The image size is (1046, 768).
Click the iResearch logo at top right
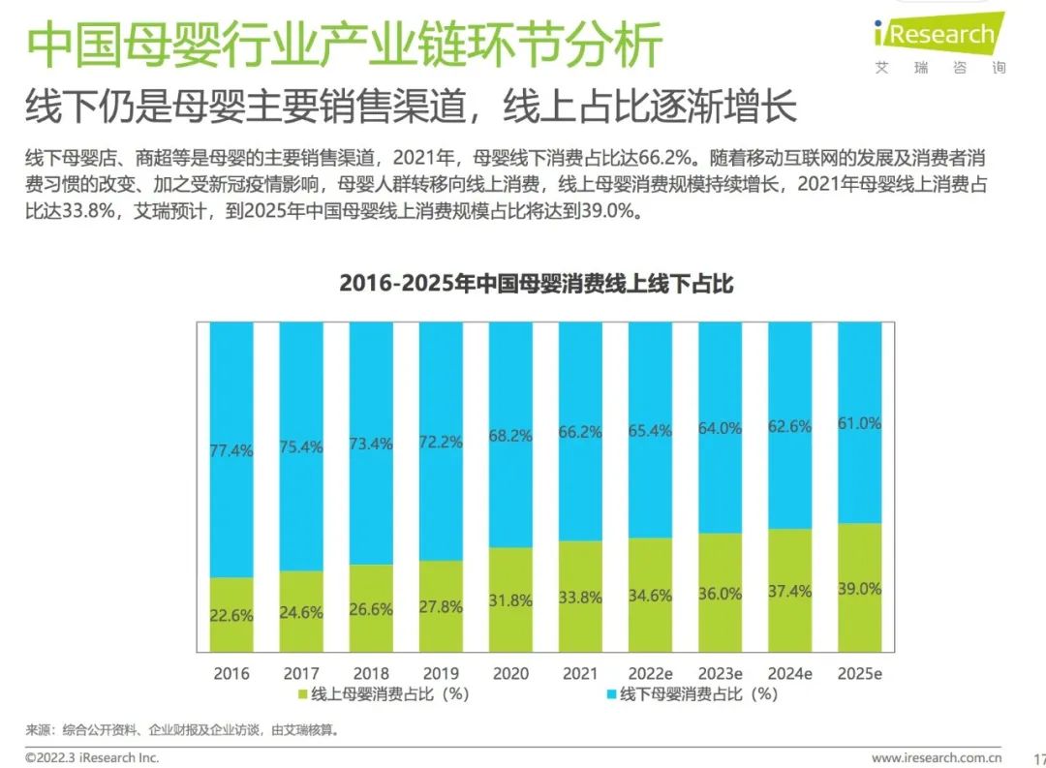coord(938,37)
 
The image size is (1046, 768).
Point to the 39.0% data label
coord(859,589)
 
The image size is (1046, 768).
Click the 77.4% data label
coord(231,450)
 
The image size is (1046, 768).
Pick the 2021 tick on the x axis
coord(580,673)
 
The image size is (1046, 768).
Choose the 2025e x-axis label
coord(859,673)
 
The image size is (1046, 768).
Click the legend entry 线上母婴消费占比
coord(383,694)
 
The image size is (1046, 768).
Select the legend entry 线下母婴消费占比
coord(690,694)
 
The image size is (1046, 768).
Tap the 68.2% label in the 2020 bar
coord(510,436)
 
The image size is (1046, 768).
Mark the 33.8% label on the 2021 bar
coord(580,598)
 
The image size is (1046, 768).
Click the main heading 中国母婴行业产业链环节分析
coord(344,46)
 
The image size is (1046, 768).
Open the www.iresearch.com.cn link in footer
coord(936,757)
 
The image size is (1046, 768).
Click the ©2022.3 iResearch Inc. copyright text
coord(92,757)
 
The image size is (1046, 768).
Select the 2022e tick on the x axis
coord(650,673)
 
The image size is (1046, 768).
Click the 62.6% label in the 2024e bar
coord(789,425)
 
